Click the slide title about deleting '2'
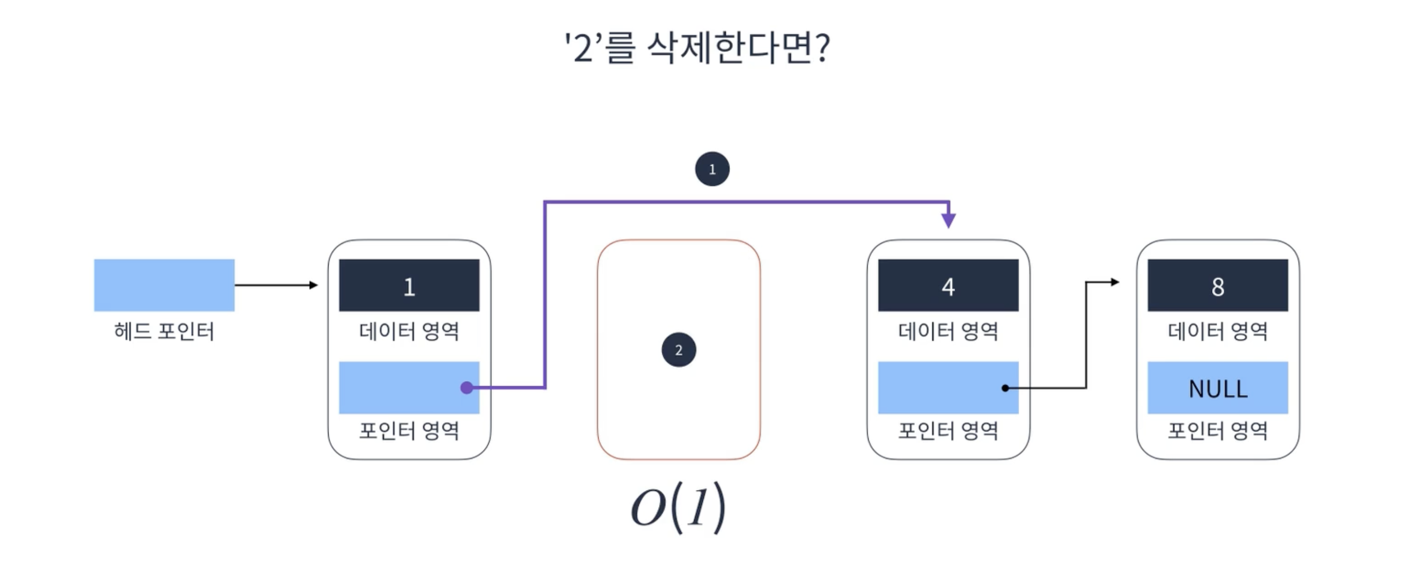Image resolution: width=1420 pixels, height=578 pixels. (697, 48)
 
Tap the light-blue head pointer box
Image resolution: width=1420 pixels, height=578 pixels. (164, 284)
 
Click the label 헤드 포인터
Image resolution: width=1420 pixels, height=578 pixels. (164, 331)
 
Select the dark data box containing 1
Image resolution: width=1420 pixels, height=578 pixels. (409, 285)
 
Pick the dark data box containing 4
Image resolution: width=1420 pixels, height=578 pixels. (948, 285)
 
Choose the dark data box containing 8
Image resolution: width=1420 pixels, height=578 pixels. (1218, 285)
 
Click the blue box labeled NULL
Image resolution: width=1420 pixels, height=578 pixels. (1218, 388)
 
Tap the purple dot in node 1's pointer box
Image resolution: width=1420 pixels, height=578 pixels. (467, 388)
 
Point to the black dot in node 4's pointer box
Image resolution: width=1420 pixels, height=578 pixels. (1005, 388)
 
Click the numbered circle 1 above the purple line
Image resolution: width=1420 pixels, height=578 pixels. (712, 169)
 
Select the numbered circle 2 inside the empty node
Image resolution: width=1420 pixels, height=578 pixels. (678, 350)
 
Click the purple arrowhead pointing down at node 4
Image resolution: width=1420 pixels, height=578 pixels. (949, 221)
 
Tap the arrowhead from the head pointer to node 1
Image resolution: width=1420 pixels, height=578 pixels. (314, 285)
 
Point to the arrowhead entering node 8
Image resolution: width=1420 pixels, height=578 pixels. (1115, 282)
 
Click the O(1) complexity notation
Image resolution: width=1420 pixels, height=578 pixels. (678, 507)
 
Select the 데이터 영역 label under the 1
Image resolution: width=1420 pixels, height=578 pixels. (409, 331)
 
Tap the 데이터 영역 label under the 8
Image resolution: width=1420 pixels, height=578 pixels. (1218, 331)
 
